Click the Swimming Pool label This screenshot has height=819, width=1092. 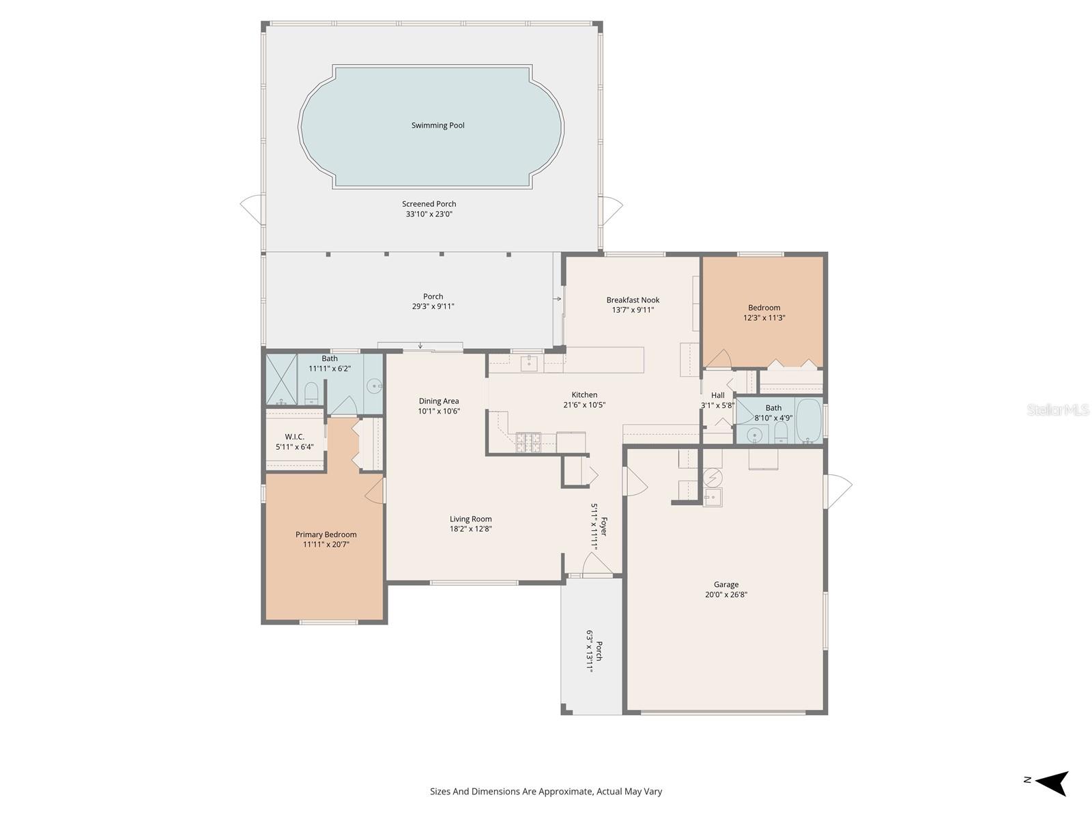pyautogui.click(x=437, y=126)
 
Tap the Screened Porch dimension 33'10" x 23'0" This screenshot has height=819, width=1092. pyautogui.click(x=429, y=214)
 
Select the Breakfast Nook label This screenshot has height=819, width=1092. pyautogui.click(x=633, y=300)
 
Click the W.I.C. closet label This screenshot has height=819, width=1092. pyautogui.click(x=294, y=437)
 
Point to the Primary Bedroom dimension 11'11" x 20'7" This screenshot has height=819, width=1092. pyautogui.click(x=326, y=545)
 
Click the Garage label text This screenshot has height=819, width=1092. pyautogui.click(x=725, y=585)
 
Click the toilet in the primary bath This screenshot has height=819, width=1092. pyautogui.click(x=311, y=392)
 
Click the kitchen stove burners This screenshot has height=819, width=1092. pyautogui.click(x=528, y=442)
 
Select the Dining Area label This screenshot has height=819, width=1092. pyautogui.click(x=438, y=401)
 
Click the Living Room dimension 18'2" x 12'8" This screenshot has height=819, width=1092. pyautogui.click(x=470, y=528)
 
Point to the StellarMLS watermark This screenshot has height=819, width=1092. pyautogui.click(x=1058, y=409)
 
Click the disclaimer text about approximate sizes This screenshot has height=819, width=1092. pyautogui.click(x=545, y=792)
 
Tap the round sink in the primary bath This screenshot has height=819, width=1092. pyautogui.click(x=374, y=386)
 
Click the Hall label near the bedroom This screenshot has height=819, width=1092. pyautogui.click(x=717, y=395)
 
